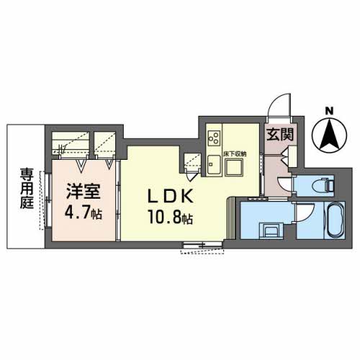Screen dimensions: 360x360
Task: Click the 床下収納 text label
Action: (235, 153)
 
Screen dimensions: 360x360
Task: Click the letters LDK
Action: (171, 196)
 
